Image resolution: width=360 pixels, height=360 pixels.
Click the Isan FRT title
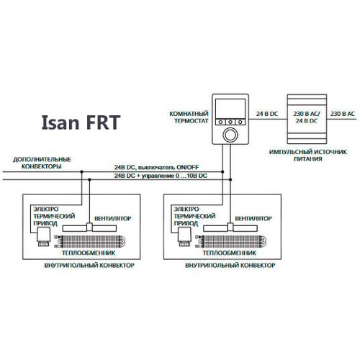click(81, 122)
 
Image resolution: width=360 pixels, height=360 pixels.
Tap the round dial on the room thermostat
click(230, 135)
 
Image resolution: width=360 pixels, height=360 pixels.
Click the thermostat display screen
click(230, 109)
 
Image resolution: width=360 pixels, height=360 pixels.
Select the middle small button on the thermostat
click(230, 122)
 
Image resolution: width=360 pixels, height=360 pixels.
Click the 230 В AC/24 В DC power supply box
click(307, 119)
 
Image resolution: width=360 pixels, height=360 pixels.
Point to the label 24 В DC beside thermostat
click(267, 114)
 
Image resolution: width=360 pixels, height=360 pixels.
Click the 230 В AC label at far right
click(343, 114)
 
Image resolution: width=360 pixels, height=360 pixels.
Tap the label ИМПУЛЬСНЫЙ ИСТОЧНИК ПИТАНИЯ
click(308, 156)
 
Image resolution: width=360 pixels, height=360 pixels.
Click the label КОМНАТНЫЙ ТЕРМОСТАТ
click(189, 117)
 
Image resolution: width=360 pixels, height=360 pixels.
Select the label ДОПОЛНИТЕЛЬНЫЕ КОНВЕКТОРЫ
click(42, 163)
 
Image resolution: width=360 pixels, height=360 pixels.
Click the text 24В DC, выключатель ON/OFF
click(156, 167)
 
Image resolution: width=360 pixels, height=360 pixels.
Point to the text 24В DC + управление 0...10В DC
click(161, 176)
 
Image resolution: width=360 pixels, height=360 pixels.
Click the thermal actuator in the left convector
click(43, 237)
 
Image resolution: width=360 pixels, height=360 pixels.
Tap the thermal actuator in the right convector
click(184, 237)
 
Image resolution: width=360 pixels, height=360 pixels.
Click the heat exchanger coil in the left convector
click(91, 241)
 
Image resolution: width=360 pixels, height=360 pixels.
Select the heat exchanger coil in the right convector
click(231, 241)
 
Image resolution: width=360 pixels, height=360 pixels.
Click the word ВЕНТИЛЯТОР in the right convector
click(253, 218)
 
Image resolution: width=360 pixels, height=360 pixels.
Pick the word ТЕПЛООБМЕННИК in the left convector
click(89, 253)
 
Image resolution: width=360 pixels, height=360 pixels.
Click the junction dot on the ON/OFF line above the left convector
click(82, 172)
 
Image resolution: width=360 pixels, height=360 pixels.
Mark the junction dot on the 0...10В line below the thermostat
click(230, 179)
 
